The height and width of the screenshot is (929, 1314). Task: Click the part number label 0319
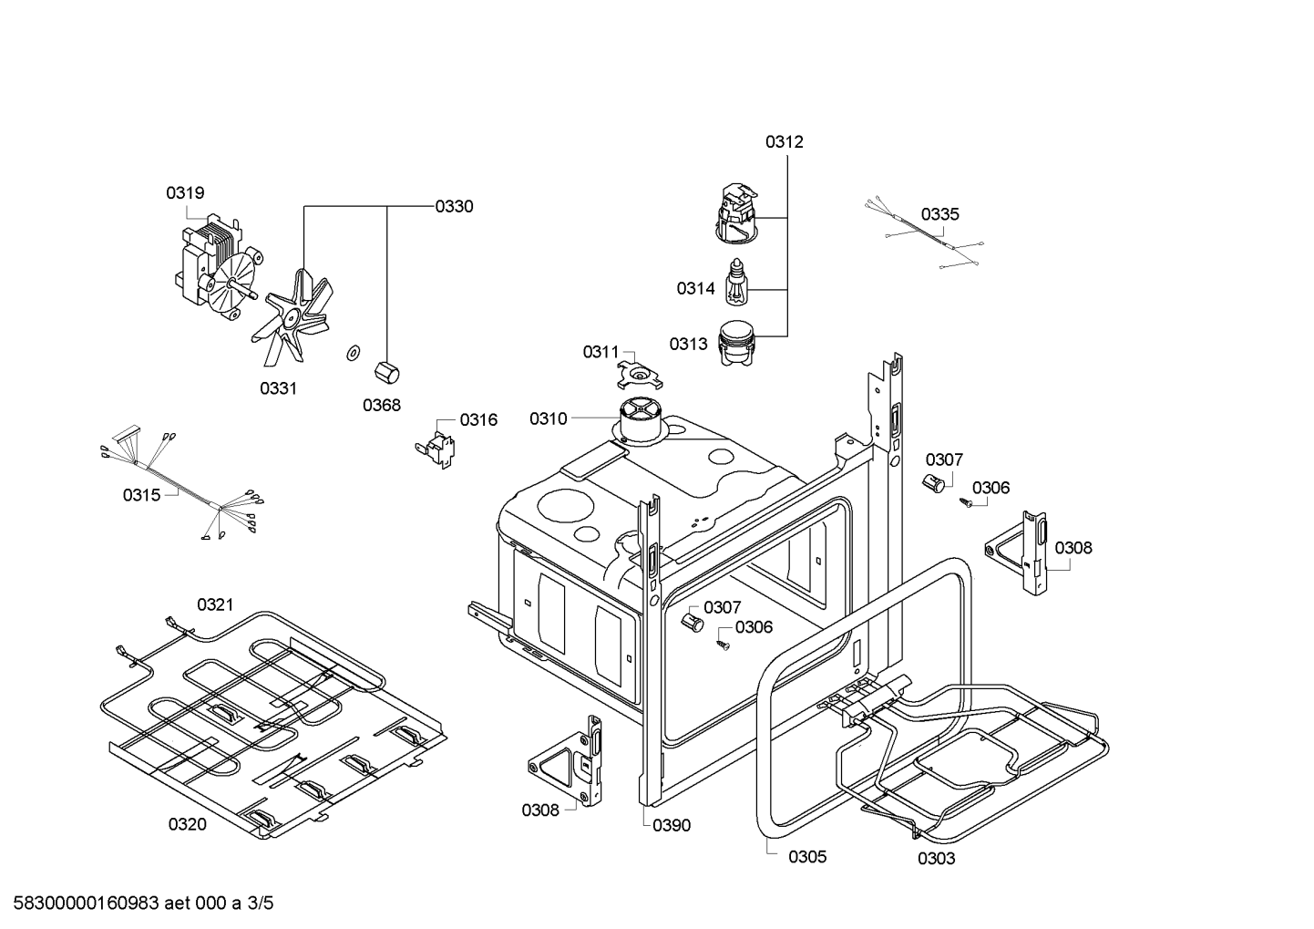185,193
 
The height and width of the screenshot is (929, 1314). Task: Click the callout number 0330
454,207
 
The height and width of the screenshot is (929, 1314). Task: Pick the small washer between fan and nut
351,353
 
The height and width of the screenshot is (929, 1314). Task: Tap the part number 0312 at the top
784,142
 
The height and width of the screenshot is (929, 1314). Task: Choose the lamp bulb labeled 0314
736,283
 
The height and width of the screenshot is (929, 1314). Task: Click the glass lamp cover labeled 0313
739,343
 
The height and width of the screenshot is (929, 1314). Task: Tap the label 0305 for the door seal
807,857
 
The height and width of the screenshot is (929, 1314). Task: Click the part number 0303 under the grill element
936,859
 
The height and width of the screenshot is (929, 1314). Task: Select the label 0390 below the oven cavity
672,826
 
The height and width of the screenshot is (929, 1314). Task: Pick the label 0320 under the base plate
187,825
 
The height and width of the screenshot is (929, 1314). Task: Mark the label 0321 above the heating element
215,604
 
